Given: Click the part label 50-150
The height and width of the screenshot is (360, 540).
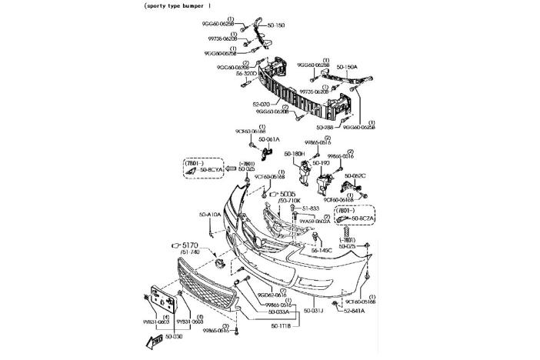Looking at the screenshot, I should (275, 25).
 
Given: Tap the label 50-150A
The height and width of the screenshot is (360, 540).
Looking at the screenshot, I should (347, 67).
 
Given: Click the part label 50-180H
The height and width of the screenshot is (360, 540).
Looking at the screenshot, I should (295, 153).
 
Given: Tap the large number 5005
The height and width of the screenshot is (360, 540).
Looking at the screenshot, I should (288, 195).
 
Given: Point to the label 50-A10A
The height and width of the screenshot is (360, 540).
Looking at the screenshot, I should (210, 215).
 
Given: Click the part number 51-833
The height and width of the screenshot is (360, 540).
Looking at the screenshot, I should (309, 208).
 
